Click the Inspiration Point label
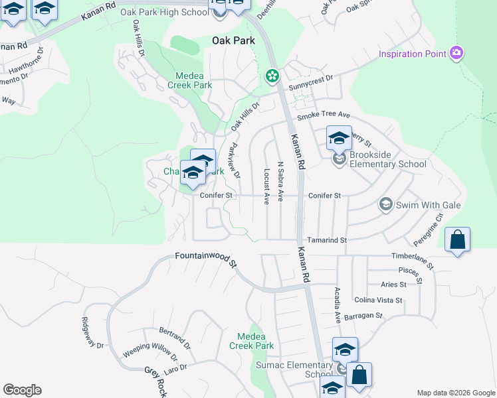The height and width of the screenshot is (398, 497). point(412,53)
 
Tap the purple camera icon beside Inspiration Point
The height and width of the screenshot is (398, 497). point(456,52)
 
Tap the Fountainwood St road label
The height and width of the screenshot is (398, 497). point(206,259)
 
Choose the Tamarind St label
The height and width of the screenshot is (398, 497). point(327,239)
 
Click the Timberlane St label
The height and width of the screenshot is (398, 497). point(412,260)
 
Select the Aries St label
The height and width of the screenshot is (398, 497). point(393,285)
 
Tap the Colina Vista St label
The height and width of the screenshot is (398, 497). point(379,300)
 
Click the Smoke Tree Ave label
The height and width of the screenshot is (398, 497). point(324,115)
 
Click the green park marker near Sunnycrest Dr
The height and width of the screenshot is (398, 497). point(272,76)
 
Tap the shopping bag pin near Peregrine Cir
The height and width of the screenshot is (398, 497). point(457,240)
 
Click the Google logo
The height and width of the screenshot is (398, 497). point(22,390)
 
